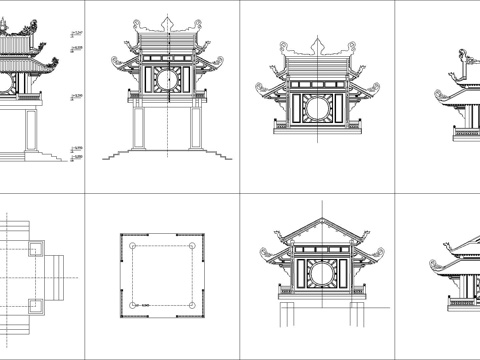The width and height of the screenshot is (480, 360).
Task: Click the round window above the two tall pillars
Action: (166, 77)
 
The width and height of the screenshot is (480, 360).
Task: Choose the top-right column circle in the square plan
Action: (191, 243)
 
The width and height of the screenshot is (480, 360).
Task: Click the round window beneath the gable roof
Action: (319, 271)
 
